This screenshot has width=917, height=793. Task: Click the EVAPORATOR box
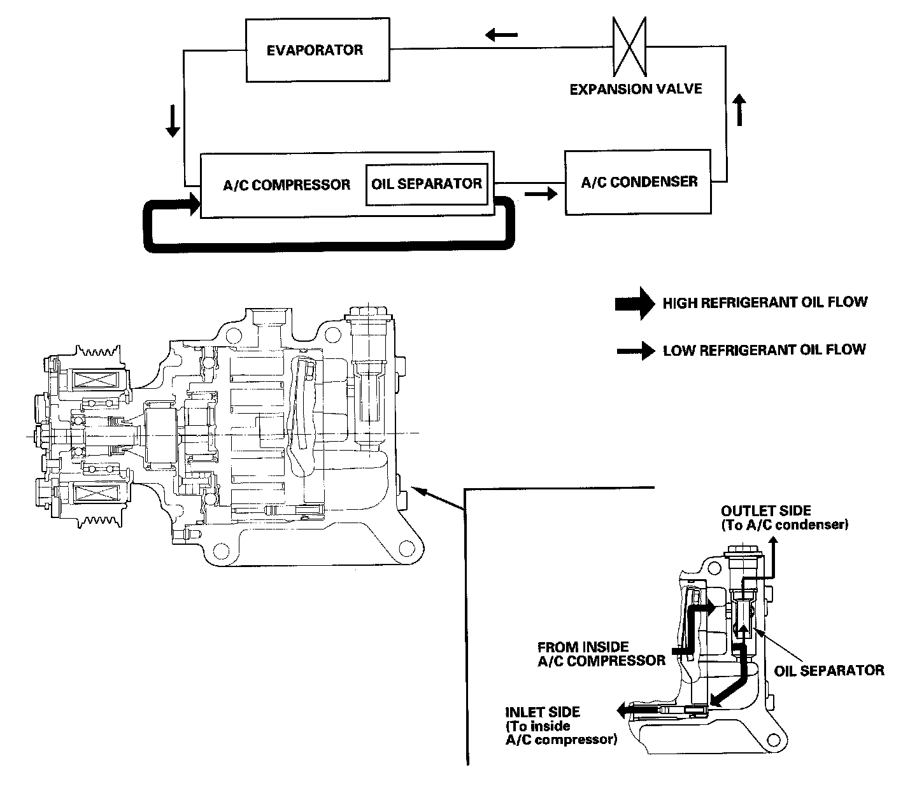tap(316, 50)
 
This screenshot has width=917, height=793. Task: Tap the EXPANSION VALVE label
tap(635, 88)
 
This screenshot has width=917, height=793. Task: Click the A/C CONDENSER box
tap(638, 182)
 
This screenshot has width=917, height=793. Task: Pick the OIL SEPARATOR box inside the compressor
tap(427, 185)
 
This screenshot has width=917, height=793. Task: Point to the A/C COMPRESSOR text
tap(287, 185)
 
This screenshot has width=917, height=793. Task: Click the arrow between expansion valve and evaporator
tap(501, 34)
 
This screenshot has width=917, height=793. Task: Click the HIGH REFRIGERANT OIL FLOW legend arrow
tap(634, 303)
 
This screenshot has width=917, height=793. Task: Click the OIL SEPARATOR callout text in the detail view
tap(829, 670)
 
